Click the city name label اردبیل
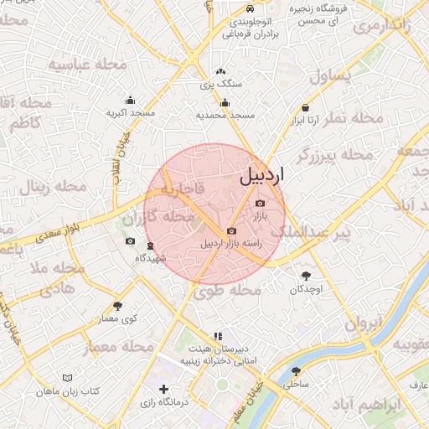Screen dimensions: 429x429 click(262, 176)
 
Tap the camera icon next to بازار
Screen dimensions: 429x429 click(259, 204)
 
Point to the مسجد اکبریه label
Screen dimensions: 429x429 click(130, 111)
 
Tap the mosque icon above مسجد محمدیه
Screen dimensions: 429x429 click(224, 102)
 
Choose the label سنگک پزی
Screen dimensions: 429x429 click(221, 84)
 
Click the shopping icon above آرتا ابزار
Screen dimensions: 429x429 click(306, 108)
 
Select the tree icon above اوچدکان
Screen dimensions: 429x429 click(306, 276)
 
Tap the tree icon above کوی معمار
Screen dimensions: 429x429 click(116, 306)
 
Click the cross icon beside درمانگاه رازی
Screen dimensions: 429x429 click(164, 390)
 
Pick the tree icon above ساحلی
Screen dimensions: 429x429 click(296, 371)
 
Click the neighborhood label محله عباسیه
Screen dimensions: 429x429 click(88, 65)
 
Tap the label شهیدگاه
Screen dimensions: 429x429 click(151, 258)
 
